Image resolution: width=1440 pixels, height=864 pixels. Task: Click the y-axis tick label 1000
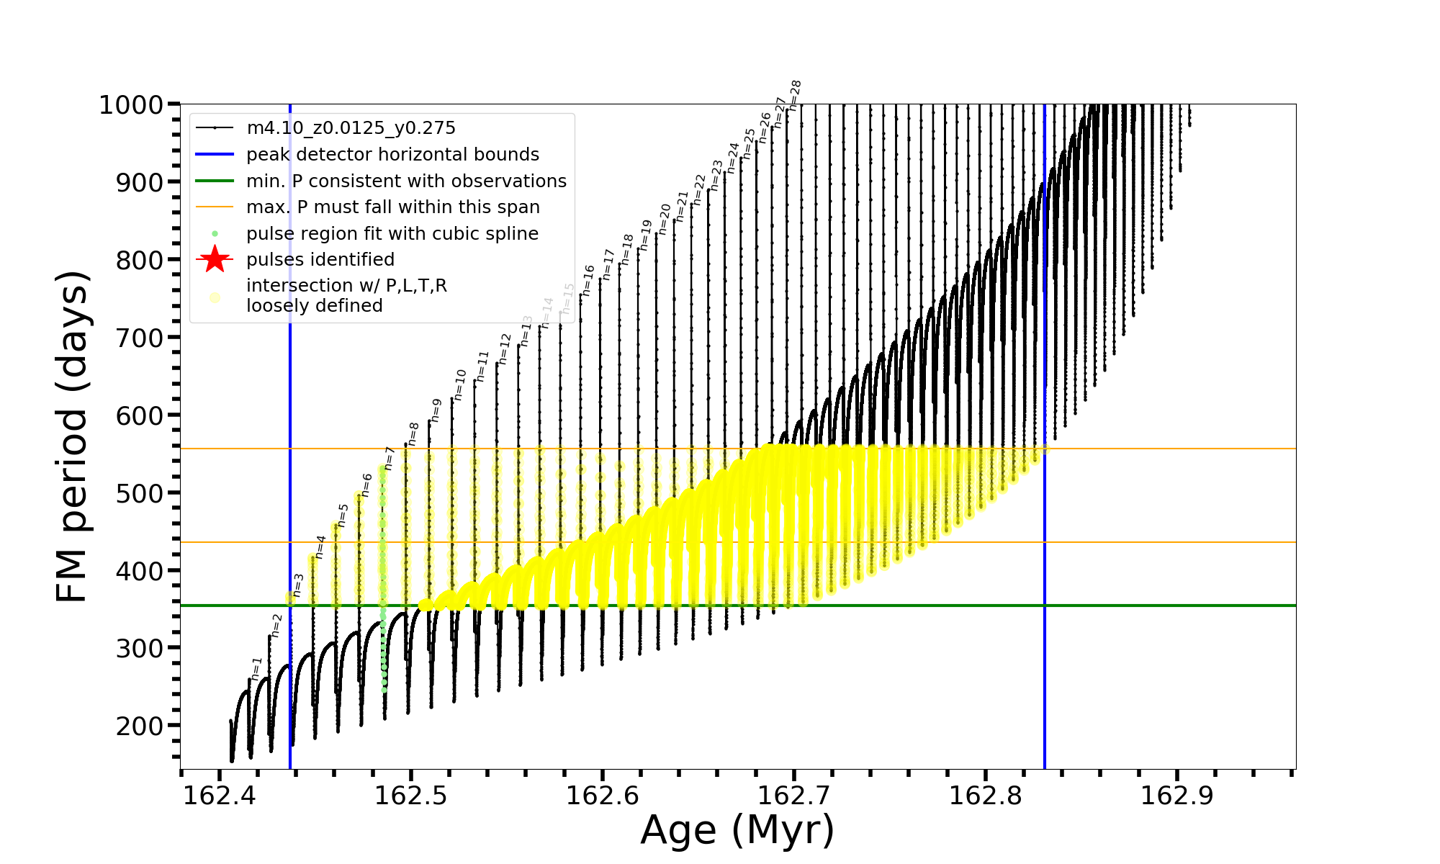tap(131, 105)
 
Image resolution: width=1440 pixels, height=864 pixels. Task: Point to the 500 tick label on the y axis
tap(140, 493)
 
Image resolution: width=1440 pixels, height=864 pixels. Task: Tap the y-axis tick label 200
tap(140, 726)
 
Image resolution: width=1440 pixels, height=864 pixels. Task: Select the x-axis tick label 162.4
tap(219, 796)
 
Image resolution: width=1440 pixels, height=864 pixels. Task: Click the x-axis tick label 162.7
tap(794, 796)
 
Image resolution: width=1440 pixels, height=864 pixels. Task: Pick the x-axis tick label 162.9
tap(1177, 796)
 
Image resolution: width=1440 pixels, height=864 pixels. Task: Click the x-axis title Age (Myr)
tap(737, 830)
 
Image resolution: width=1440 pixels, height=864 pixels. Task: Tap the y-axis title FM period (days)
tap(72, 436)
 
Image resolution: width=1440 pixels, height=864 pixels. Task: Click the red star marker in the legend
tap(215, 259)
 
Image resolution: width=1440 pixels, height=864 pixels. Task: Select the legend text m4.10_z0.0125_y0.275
tap(351, 128)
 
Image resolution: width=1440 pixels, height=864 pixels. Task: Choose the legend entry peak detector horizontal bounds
tap(392, 155)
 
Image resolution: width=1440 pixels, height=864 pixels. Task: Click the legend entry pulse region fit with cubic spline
tap(392, 234)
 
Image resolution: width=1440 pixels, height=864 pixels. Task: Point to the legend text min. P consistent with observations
tap(406, 181)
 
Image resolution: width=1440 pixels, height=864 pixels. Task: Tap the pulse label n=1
tap(257, 669)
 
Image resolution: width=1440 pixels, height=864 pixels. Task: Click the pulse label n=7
tap(390, 459)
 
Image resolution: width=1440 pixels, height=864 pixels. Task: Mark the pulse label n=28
tap(795, 95)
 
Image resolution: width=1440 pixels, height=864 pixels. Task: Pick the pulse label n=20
tap(665, 219)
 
